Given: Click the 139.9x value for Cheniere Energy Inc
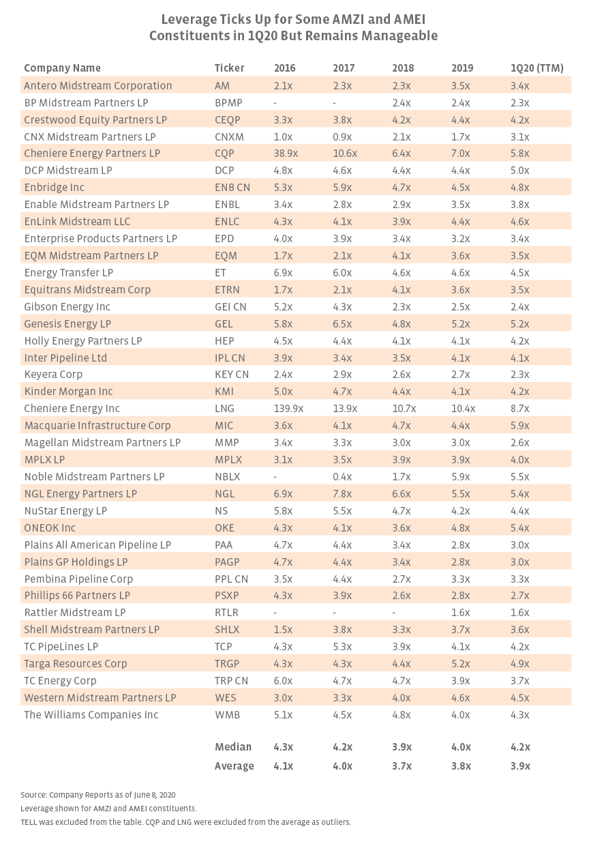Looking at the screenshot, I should (289, 409).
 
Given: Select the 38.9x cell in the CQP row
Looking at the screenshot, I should (286, 154).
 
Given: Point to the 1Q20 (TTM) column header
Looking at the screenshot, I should (536, 68).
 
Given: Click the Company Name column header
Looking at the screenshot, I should (62, 68).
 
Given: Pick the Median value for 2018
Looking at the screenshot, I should (402, 746).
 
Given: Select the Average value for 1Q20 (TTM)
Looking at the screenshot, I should (521, 766).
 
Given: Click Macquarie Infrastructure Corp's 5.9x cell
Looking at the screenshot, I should (520, 425).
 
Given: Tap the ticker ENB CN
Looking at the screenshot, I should (232, 188).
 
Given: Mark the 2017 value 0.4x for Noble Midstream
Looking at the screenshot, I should (342, 476).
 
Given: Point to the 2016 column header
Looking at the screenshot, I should (285, 68).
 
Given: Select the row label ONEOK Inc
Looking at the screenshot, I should (50, 527).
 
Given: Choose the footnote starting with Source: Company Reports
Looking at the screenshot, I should (98, 795).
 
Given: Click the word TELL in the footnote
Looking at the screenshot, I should (29, 822).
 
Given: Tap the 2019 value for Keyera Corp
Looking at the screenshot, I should (461, 375).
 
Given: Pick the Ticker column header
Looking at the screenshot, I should (229, 68).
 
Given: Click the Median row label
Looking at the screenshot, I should (232, 746).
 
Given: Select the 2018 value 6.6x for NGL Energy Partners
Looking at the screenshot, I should (402, 493).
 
